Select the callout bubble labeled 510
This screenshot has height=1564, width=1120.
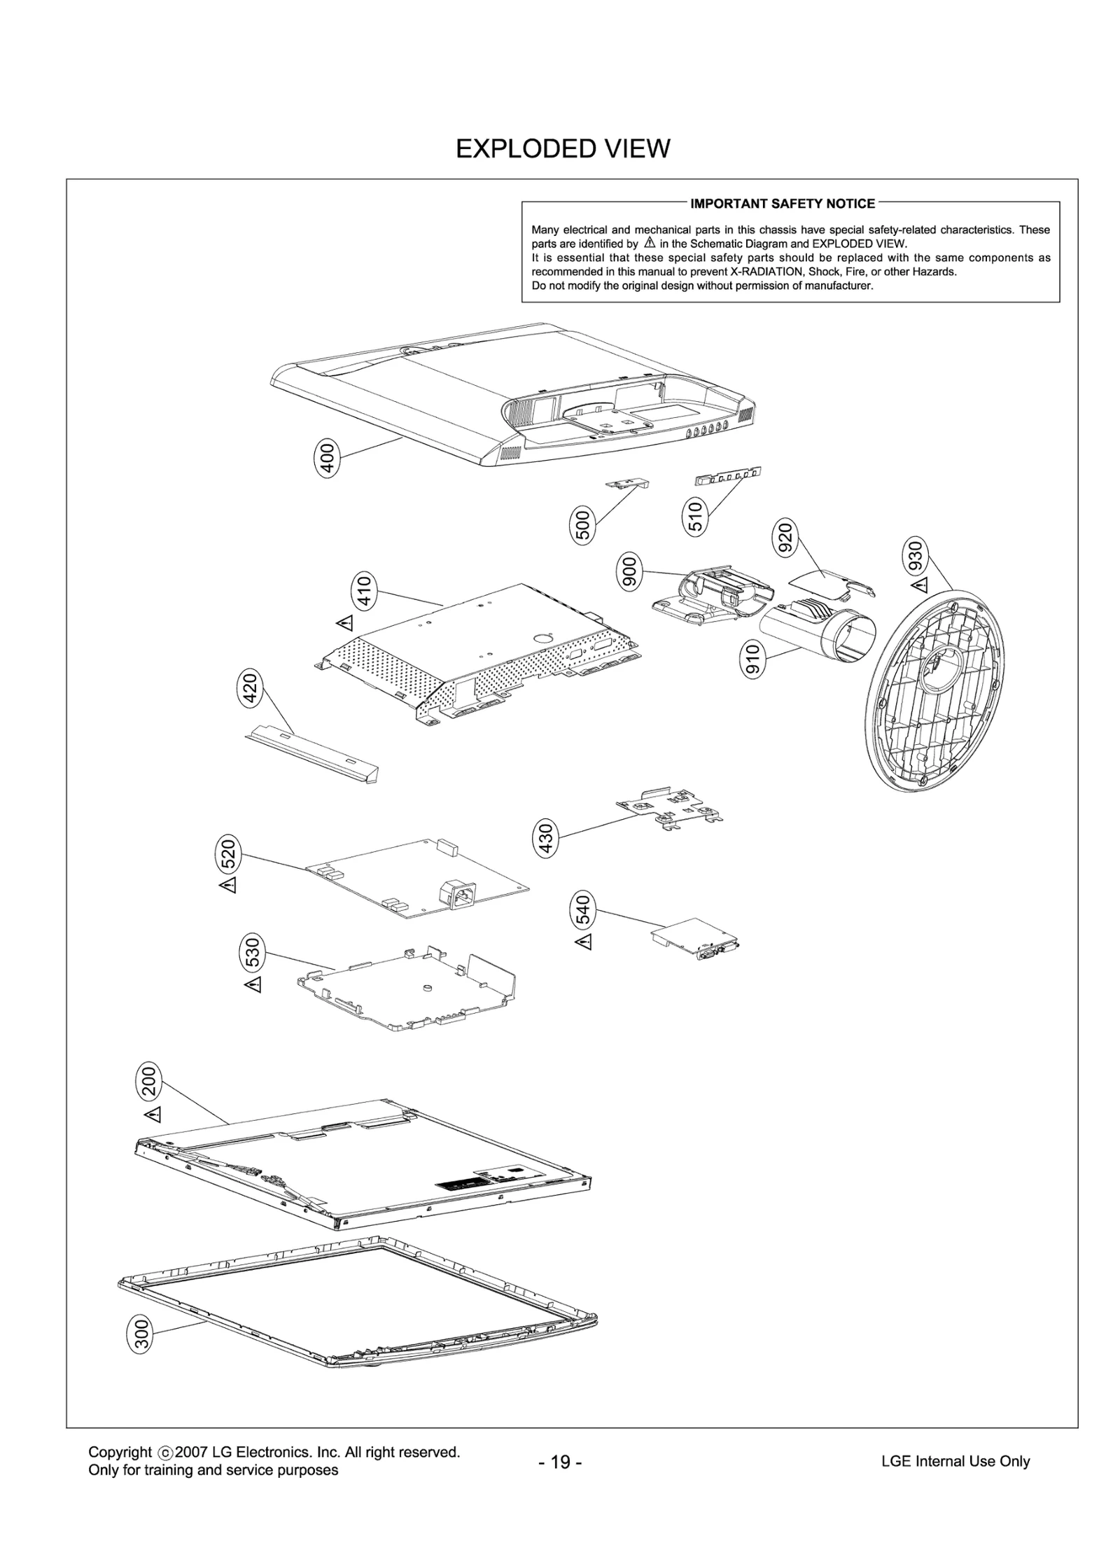pyautogui.click(x=695, y=517)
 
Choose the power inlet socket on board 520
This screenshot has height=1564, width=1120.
pyautogui.click(x=455, y=895)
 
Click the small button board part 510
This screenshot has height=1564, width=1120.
pyautogui.click(x=728, y=476)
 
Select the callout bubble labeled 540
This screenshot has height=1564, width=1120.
pyautogui.click(x=582, y=909)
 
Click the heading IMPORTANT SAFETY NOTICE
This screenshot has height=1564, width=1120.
pyautogui.click(x=783, y=204)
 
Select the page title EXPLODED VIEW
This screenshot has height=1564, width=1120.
pyautogui.click(x=563, y=148)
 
